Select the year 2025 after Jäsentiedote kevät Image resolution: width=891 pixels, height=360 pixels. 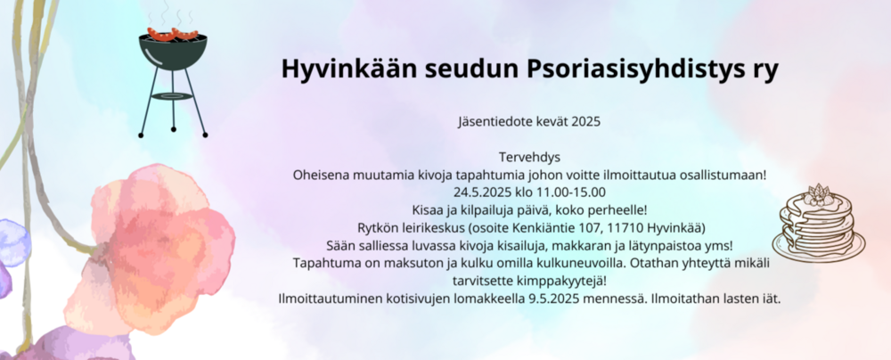(x=586, y=122)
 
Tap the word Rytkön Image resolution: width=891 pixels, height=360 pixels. (x=377, y=228)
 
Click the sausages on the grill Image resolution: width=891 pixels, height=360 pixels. (x=173, y=33)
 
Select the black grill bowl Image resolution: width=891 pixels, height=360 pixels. (x=173, y=52)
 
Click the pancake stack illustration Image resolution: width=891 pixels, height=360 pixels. (x=818, y=223)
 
